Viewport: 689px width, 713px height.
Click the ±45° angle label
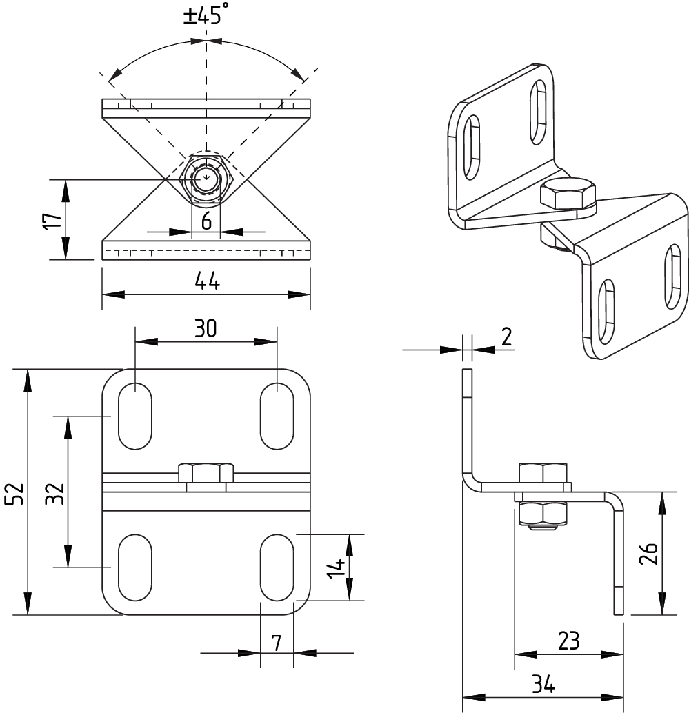point(204,15)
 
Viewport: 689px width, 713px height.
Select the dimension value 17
point(52,221)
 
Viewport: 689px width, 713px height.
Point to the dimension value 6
point(206,222)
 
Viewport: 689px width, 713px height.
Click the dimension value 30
point(206,329)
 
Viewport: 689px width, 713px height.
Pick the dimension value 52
point(17,492)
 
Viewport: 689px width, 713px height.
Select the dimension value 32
point(57,492)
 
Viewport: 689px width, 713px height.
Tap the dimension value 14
point(337,568)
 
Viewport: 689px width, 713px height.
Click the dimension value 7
point(276,643)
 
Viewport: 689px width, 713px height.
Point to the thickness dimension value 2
point(506,337)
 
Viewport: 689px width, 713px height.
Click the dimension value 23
point(568,641)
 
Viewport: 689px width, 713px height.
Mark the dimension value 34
point(543,685)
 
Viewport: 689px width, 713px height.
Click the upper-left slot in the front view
point(135,416)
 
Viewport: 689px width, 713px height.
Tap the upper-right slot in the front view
point(277,416)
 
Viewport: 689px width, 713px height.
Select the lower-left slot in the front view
point(135,568)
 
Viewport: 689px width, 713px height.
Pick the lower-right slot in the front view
point(277,568)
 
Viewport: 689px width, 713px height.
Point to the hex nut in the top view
point(206,179)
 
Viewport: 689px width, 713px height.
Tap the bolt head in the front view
point(206,474)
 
